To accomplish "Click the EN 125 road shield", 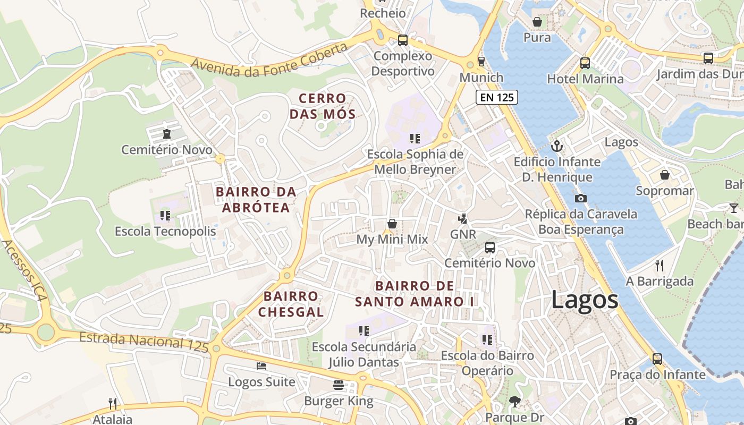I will [496, 97].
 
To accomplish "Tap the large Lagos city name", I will [585, 300].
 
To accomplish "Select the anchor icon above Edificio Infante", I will [557, 146].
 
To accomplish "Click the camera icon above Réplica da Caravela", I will [581, 198].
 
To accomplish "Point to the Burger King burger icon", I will [339, 385].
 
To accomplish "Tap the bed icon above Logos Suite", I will [261, 366].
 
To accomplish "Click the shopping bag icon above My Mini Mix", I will [392, 224].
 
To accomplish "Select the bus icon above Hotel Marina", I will [585, 63].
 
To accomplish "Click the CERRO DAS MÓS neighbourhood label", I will [323, 106].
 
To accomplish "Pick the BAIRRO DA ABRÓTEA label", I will [256, 199].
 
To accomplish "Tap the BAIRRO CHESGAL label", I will [291, 304].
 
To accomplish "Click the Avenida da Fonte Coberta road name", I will [269, 59].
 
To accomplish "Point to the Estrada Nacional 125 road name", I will [143, 342].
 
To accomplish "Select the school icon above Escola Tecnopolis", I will [165, 216].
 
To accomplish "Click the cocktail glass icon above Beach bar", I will [734, 208].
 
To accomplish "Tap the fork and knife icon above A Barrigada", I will [660, 265].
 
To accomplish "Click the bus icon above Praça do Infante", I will [657, 359].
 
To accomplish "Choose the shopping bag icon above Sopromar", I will [664, 175].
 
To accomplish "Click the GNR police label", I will [463, 234].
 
